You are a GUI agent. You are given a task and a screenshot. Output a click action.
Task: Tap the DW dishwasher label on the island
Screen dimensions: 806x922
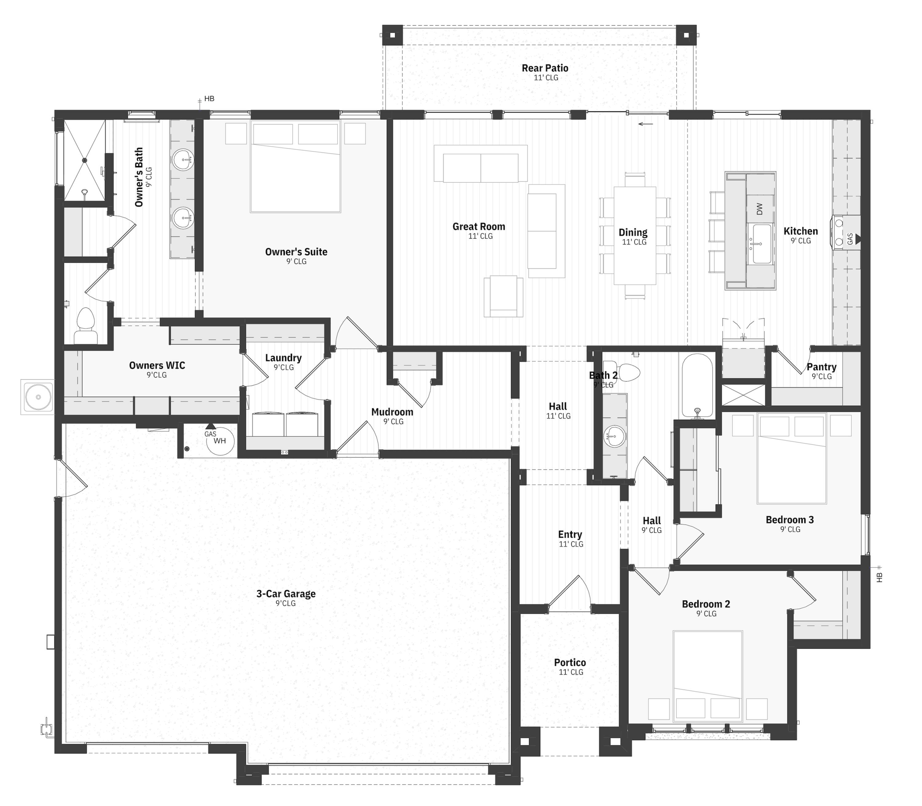pos(760,209)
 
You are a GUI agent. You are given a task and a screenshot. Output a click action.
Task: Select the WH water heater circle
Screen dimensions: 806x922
pos(220,441)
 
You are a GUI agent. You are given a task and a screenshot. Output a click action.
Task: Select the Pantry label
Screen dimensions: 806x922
pos(821,367)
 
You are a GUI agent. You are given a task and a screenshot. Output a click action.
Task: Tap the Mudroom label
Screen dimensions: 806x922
pos(392,412)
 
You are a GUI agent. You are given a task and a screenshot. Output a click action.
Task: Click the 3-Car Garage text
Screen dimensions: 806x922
pos(286,594)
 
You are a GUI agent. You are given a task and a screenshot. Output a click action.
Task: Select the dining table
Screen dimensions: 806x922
pos(635,235)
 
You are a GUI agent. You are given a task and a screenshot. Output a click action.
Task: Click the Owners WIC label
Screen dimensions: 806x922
pos(157,365)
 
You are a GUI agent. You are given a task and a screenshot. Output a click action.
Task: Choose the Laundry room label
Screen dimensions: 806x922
pos(283,358)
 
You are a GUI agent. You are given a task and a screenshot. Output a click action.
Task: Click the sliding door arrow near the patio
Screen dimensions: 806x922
pos(645,124)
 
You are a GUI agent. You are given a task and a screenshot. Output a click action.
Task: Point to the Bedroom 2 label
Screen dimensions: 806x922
pos(706,604)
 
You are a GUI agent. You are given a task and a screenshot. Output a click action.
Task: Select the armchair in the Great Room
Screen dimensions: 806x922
pos(503,296)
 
